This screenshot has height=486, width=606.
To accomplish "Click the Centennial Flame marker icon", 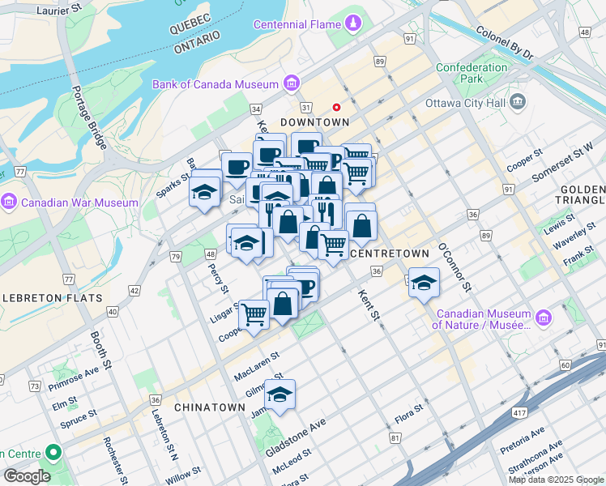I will point(353,24).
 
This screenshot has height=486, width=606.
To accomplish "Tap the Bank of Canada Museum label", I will point(215,84).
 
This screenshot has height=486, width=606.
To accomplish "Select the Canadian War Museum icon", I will point(11,202).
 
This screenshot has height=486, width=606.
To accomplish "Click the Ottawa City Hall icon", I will point(519,103).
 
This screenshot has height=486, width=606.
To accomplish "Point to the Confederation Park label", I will point(470,74).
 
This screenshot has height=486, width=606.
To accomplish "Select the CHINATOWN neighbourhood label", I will point(209,407).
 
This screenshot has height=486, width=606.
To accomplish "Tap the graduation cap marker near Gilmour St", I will point(280,394).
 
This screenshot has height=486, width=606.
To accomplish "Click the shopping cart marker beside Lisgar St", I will point(254,313).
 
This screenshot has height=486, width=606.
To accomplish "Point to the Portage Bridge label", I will point(89,117).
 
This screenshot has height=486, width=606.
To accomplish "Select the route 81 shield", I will point(395,438).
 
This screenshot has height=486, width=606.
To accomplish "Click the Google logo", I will point(28,476).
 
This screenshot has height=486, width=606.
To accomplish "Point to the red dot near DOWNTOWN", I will point(337,107).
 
